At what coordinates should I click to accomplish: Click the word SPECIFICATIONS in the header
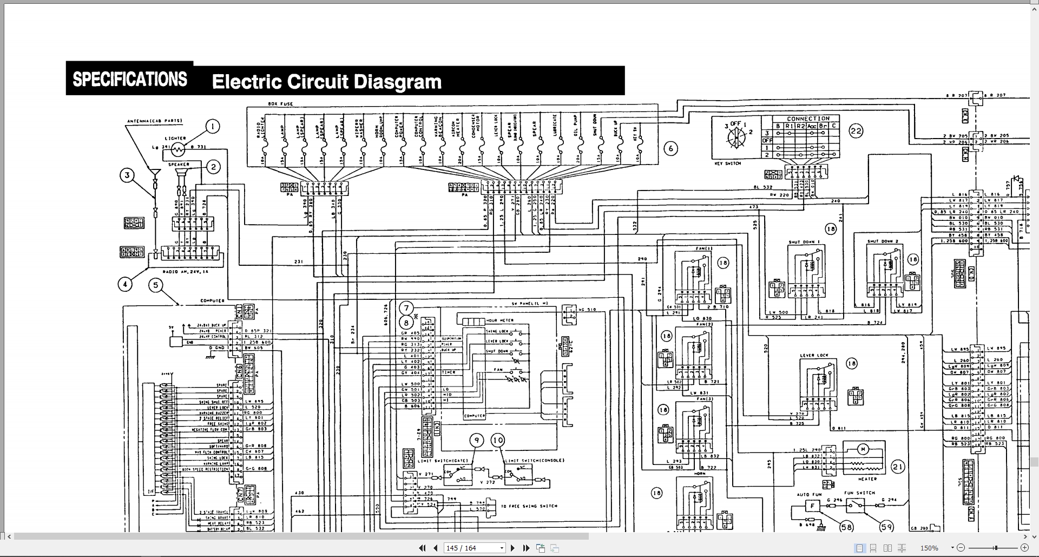pos(130,80)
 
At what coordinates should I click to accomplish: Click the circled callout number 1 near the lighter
pos(213,127)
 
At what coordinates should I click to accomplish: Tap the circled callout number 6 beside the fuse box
pos(670,149)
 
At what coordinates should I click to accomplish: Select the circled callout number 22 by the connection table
pos(856,131)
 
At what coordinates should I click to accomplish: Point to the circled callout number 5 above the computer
pos(156,285)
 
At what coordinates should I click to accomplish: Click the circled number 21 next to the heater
pos(898,467)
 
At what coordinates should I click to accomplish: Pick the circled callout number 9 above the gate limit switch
pos(477,441)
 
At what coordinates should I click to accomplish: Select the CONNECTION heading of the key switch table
pos(808,119)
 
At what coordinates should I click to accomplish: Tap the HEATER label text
pos(867,479)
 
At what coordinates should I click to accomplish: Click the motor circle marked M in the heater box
pos(864,449)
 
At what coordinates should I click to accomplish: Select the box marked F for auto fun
pos(812,506)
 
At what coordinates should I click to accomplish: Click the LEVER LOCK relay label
pos(814,356)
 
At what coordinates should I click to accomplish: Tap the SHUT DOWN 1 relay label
pos(804,242)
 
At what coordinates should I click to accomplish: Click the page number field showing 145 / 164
pos(474,548)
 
